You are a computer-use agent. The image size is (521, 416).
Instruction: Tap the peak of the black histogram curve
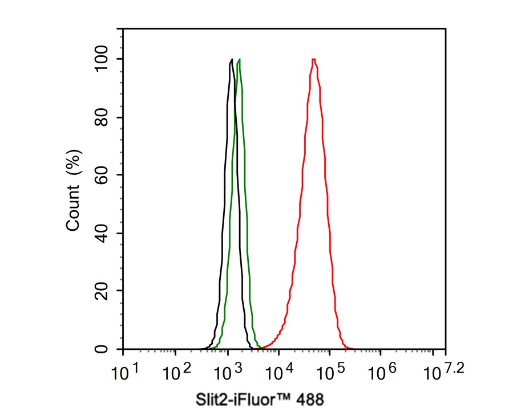pos(231,59)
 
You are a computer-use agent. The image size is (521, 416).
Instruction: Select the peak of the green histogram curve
pos(239,59)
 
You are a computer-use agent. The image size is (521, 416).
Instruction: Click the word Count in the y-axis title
pos(73,210)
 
